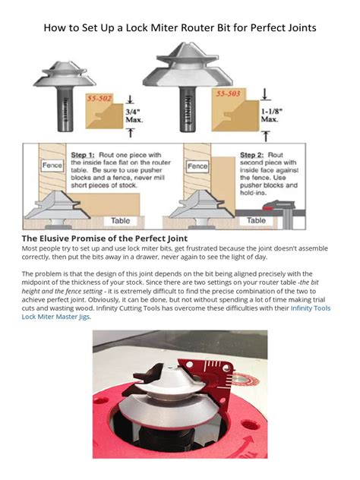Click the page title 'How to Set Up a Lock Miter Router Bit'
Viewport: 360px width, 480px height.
(x=180, y=28)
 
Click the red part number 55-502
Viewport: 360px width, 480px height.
(x=99, y=99)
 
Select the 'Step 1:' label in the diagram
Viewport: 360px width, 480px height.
(x=85, y=152)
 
